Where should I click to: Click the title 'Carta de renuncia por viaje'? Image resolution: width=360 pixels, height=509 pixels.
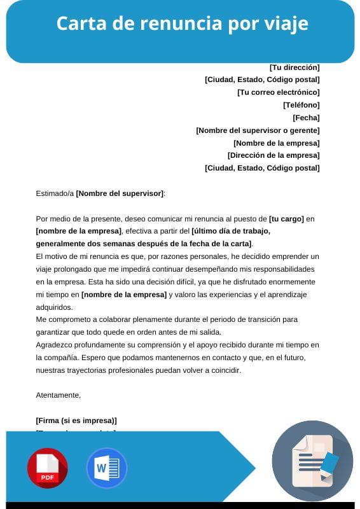point(182,24)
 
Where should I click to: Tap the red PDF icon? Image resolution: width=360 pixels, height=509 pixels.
point(47,468)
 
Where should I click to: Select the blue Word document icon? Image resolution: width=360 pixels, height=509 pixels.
point(107,468)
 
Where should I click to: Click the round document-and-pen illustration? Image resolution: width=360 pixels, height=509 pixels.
point(312,461)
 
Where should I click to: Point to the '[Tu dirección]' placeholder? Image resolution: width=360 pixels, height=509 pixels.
point(294,67)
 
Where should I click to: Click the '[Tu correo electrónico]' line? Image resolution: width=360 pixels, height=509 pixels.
point(278,92)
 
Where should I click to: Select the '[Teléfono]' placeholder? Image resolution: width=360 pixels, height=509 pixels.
point(301,105)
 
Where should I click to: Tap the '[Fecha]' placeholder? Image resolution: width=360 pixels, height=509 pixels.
point(306,118)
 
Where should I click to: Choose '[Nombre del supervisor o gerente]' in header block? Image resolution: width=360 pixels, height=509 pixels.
point(258,130)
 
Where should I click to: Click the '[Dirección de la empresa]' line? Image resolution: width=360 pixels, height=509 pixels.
point(273,155)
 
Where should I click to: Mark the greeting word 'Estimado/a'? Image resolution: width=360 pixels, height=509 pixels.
point(55,193)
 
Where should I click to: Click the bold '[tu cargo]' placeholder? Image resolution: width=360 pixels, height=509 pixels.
point(286,218)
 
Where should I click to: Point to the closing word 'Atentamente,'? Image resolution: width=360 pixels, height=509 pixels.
point(59,395)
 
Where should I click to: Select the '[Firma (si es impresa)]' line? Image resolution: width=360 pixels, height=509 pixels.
point(76,421)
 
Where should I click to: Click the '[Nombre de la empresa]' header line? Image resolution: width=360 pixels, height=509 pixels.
point(276,143)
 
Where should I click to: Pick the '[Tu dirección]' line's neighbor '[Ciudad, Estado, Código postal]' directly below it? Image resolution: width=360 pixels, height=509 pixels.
point(262,80)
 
